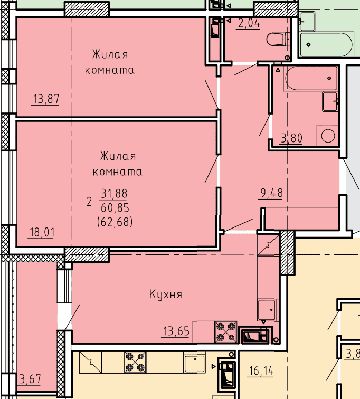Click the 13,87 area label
click(46, 99)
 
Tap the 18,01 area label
click(42, 232)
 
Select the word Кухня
click(166, 294)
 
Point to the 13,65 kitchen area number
click(176, 331)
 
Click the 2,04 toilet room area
click(249, 23)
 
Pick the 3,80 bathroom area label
click(291, 138)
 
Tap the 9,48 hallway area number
click(271, 193)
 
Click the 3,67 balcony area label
click(30, 379)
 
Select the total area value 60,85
click(115, 208)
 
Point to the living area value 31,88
click(114, 194)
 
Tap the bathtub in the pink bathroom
click(311, 78)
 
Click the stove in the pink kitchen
click(226, 332)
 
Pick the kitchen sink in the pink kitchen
click(267, 309)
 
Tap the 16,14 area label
click(261, 371)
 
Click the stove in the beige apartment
click(135, 363)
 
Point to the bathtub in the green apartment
click(327, 44)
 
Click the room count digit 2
click(89, 202)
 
